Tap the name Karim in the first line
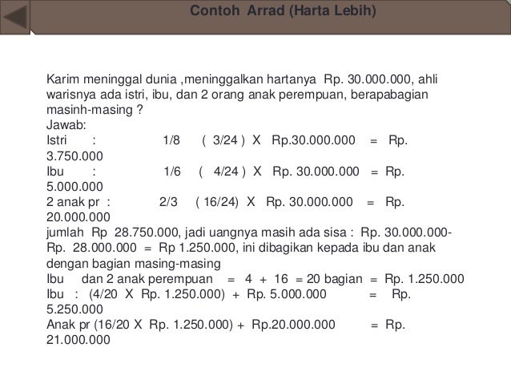pos(62,81)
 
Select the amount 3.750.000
pos(76,155)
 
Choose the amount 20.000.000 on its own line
pos(80,217)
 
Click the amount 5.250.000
pos(76,309)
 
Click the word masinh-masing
pos(89,110)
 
